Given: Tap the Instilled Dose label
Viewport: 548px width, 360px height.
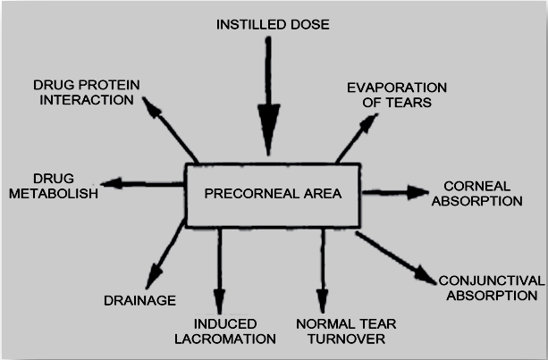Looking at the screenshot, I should pyautogui.click(x=273, y=23).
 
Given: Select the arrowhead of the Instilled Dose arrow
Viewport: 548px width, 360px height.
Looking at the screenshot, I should pyautogui.click(x=268, y=121).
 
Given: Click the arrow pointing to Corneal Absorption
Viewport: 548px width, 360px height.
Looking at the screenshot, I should pyautogui.click(x=397, y=192).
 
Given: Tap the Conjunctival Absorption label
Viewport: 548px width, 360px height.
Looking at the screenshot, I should pyautogui.click(x=491, y=287).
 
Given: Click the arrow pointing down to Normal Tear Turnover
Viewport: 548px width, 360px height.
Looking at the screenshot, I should pyautogui.click(x=323, y=268).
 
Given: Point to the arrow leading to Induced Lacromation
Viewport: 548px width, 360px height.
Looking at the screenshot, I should pyautogui.click(x=217, y=268).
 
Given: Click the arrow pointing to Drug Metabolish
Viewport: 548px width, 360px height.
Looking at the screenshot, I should pyautogui.click(x=143, y=184).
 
